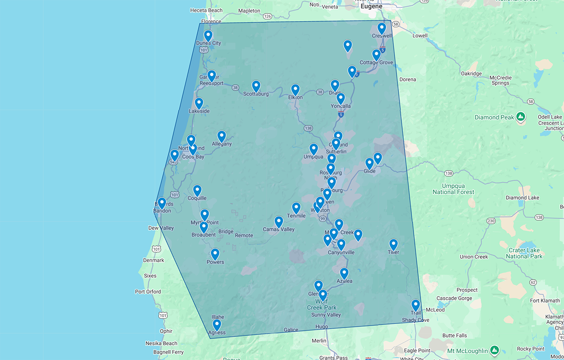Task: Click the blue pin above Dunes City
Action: pyautogui.click(x=208, y=35)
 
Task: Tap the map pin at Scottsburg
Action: pyautogui.click(x=256, y=86)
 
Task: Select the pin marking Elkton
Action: pyautogui.click(x=295, y=89)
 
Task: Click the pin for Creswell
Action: pyautogui.click(x=382, y=28)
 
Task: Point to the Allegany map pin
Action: pyautogui.click(x=221, y=136)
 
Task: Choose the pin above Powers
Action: pyautogui.click(x=215, y=254)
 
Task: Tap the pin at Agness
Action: pyautogui.click(x=217, y=325)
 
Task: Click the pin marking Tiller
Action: pyautogui.click(x=393, y=244)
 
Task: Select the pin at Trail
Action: pyautogui.click(x=415, y=305)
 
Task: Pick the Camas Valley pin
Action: pyautogui.click(x=279, y=221)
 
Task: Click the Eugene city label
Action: pyautogui.click(x=371, y=7)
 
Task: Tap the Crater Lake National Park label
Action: pyautogui.click(x=524, y=253)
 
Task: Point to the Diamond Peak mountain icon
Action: pyautogui.click(x=520, y=117)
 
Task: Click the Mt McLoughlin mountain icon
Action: pyautogui.click(x=494, y=350)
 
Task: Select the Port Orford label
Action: pyautogui.click(x=148, y=292)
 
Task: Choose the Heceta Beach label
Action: pyautogui.click(x=206, y=10)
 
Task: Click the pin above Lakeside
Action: pyautogui.click(x=199, y=103)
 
